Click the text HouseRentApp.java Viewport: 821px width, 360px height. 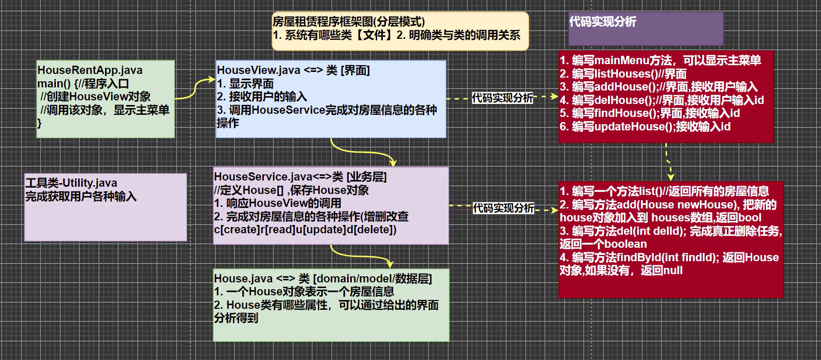[89, 70]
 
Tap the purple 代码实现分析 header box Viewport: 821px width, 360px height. [645, 29]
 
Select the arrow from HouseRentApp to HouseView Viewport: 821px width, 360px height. [195, 88]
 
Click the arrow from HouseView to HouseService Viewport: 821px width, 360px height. [362, 152]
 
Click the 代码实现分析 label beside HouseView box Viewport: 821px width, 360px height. [502, 98]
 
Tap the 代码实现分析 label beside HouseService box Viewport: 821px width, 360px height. [503, 208]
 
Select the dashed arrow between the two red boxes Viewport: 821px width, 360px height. [668, 162]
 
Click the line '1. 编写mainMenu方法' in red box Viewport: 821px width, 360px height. [660, 61]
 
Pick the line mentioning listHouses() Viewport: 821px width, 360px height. [623, 74]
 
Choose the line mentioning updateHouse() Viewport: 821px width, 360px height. [645, 127]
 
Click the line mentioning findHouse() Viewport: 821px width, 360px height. [649, 113]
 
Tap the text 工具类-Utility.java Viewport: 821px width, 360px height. [71, 183]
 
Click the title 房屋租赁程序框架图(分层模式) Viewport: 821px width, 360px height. [349, 22]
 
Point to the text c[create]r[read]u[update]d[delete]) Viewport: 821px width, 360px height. [305, 230]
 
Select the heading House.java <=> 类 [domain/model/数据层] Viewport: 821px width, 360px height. [323, 278]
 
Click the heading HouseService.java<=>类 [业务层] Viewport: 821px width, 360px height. [300, 177]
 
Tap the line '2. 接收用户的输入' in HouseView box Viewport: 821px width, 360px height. [262, 97]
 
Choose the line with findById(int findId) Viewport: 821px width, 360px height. [669, 258]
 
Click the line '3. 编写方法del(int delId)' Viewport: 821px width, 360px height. [670, 231]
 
